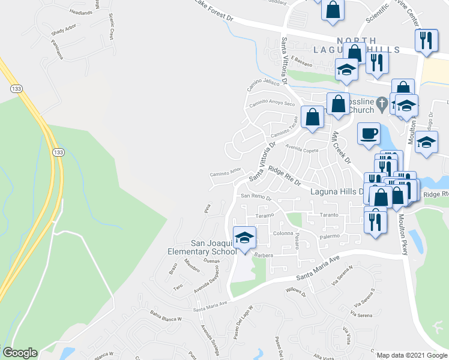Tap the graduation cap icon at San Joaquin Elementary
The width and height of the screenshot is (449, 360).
(x=244, y=238)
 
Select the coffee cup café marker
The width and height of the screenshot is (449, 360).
(x=368, y=133)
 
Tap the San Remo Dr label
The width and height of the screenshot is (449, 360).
(x=257, y=196)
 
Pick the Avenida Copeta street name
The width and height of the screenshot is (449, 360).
(x=302, y=149)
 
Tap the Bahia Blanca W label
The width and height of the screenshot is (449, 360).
(x=166, y=316)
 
